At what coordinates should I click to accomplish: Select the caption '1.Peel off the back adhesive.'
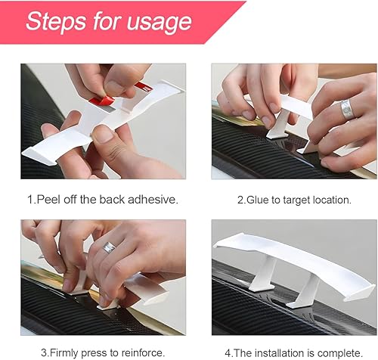click(x=102, y=200)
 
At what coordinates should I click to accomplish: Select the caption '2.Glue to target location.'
click(x=293, y=200)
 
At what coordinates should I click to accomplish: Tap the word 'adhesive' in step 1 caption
click(x=153, y=200)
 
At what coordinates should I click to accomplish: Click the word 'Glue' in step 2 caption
click(x=256, y=200)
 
